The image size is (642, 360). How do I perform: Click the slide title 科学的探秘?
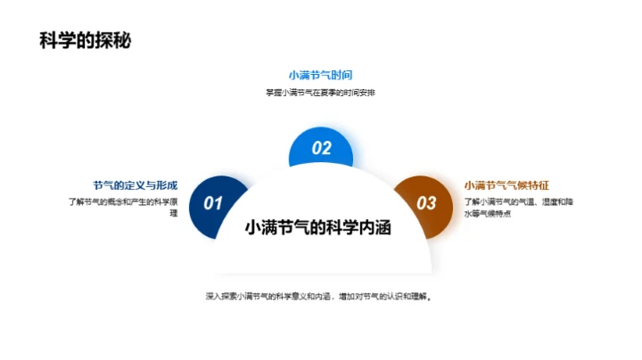[86, 41]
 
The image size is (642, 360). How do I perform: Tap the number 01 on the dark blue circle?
[213, 203]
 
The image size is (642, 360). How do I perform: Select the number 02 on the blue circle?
[321, 149]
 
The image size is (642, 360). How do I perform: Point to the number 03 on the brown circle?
[427, 203]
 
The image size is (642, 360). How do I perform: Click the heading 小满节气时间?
[321, 75]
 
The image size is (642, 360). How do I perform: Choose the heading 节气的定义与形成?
[135, 185]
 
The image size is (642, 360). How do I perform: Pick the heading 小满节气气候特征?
[506, 185]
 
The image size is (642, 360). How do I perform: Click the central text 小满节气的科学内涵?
[321, 228]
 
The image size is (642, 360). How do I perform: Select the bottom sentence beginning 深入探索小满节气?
[321, 296]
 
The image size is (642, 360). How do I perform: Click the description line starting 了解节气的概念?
[123, 202]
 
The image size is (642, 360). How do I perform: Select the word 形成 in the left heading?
[166, 185]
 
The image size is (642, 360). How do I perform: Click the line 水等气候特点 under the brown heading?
[487, 215]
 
